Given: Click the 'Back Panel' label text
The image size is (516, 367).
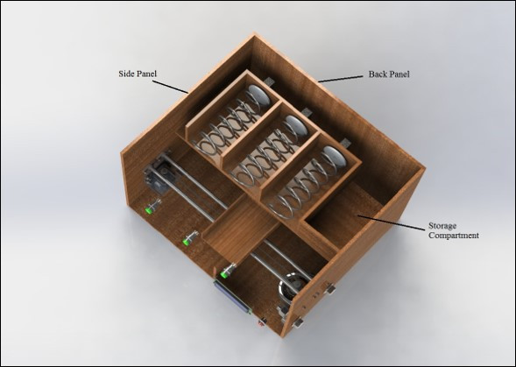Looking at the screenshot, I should tap(389, 74).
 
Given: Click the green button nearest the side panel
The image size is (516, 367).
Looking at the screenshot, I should tap(152, 208).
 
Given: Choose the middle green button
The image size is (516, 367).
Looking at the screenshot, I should tap(187, 238).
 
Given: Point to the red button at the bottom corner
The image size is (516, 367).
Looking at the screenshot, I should tap(260, 322).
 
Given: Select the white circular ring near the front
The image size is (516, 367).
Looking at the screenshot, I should tap(292, 290).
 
